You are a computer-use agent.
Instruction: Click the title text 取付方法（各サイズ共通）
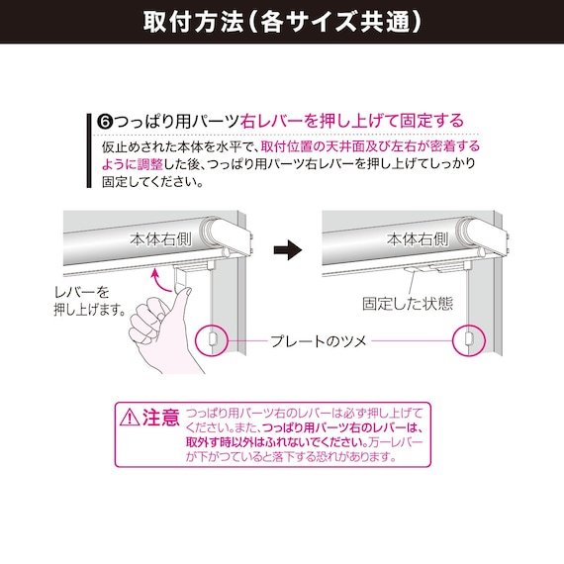(281, 21)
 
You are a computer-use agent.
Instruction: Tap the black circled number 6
(107, 121)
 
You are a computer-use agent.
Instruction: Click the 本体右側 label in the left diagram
(163, 238)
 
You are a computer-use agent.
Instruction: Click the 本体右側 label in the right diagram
(420, 238)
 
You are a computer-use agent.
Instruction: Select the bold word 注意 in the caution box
(161, 417)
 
